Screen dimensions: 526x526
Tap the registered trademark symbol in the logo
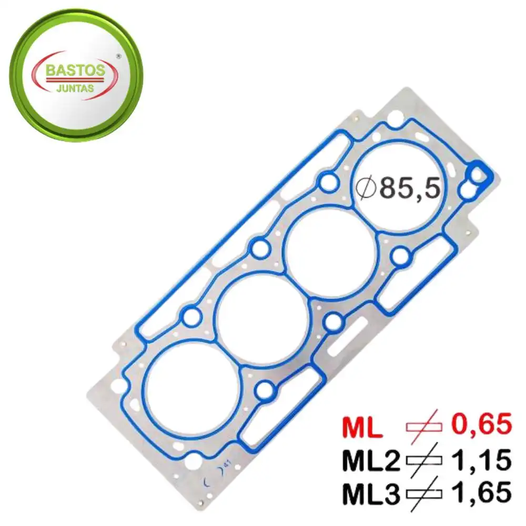pos(118,55)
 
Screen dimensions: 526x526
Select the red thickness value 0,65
pos(479,424)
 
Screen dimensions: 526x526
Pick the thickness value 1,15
pos(479,461)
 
